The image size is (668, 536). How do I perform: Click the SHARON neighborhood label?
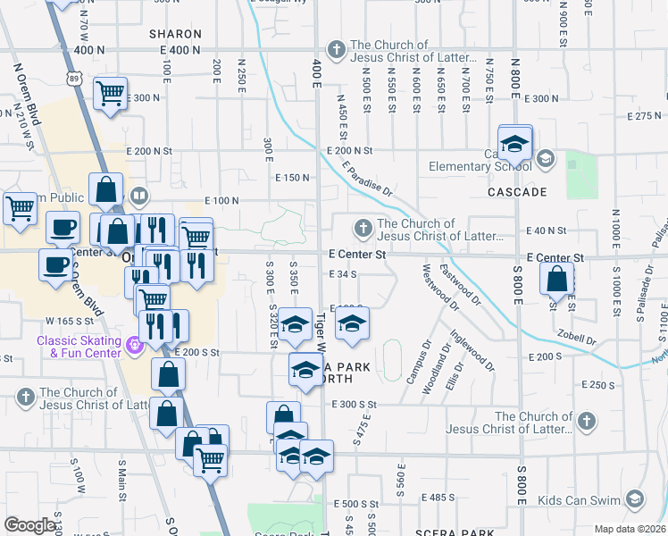173,33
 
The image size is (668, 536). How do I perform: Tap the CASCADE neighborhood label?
516,192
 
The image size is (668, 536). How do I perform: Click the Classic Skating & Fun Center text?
78,347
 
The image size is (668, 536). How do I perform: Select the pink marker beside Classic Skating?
135,343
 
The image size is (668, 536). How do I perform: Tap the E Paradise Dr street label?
366,179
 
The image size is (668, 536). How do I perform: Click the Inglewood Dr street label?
472,352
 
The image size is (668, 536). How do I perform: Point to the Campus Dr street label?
418,362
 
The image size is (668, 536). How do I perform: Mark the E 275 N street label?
643,116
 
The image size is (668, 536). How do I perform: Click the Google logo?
30,525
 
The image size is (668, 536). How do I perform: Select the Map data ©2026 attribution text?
630,529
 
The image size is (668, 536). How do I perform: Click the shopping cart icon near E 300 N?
110,91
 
